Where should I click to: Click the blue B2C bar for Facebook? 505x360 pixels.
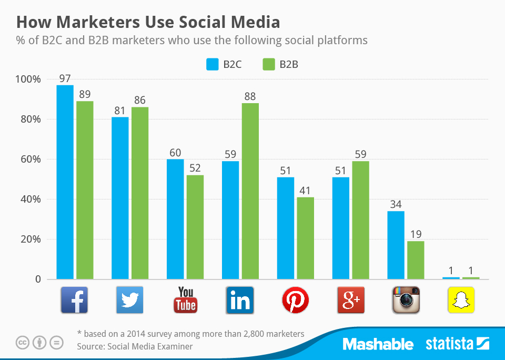coord(65,182)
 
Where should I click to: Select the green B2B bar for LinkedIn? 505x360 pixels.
coord(250,191)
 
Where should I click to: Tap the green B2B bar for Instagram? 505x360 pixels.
coord(416,259)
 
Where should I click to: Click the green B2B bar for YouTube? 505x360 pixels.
coord(195,227)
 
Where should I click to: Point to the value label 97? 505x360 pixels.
coord(65,78)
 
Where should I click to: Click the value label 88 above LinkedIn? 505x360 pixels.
coord(250,96)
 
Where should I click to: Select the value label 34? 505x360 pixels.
coord(396,205)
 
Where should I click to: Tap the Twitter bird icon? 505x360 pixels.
coord(129,300)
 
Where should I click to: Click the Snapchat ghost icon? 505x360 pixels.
coord(461,300)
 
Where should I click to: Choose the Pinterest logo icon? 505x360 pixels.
coord(295,300)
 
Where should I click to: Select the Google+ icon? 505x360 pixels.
coord(350,300)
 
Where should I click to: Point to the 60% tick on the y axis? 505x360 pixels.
coord(31,159)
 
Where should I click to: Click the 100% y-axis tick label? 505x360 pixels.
coord(28,79)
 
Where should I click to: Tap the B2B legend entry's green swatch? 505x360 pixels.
coord(269,65)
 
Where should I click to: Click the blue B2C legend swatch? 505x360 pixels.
coord(213,65)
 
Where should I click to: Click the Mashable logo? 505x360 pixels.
coord(378,345)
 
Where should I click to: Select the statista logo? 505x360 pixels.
coord(457,345)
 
